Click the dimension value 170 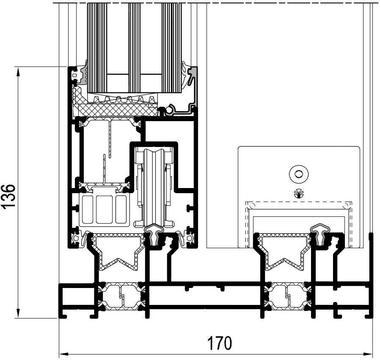pyautogui.click(x=220, y=343)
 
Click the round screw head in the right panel pyautogui.click(x=299, y=174)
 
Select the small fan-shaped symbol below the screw pyautogui.click(x=299, y=194)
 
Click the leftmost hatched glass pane pyautogui.click(x=97, y=47)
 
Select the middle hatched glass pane pyautogui.click(x=134, y=47)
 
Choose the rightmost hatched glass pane pyautogui.click(x=171, y=47)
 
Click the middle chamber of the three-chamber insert pyautogui.click(x=104, y=209)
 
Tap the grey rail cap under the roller pyautogui.click(x=154, y=235)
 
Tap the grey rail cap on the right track pyautogui.click(x=321, y=234)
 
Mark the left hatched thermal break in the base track pyautogui.click(x=121, y=296)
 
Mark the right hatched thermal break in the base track pyautogui.click(x=288, y=296)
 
